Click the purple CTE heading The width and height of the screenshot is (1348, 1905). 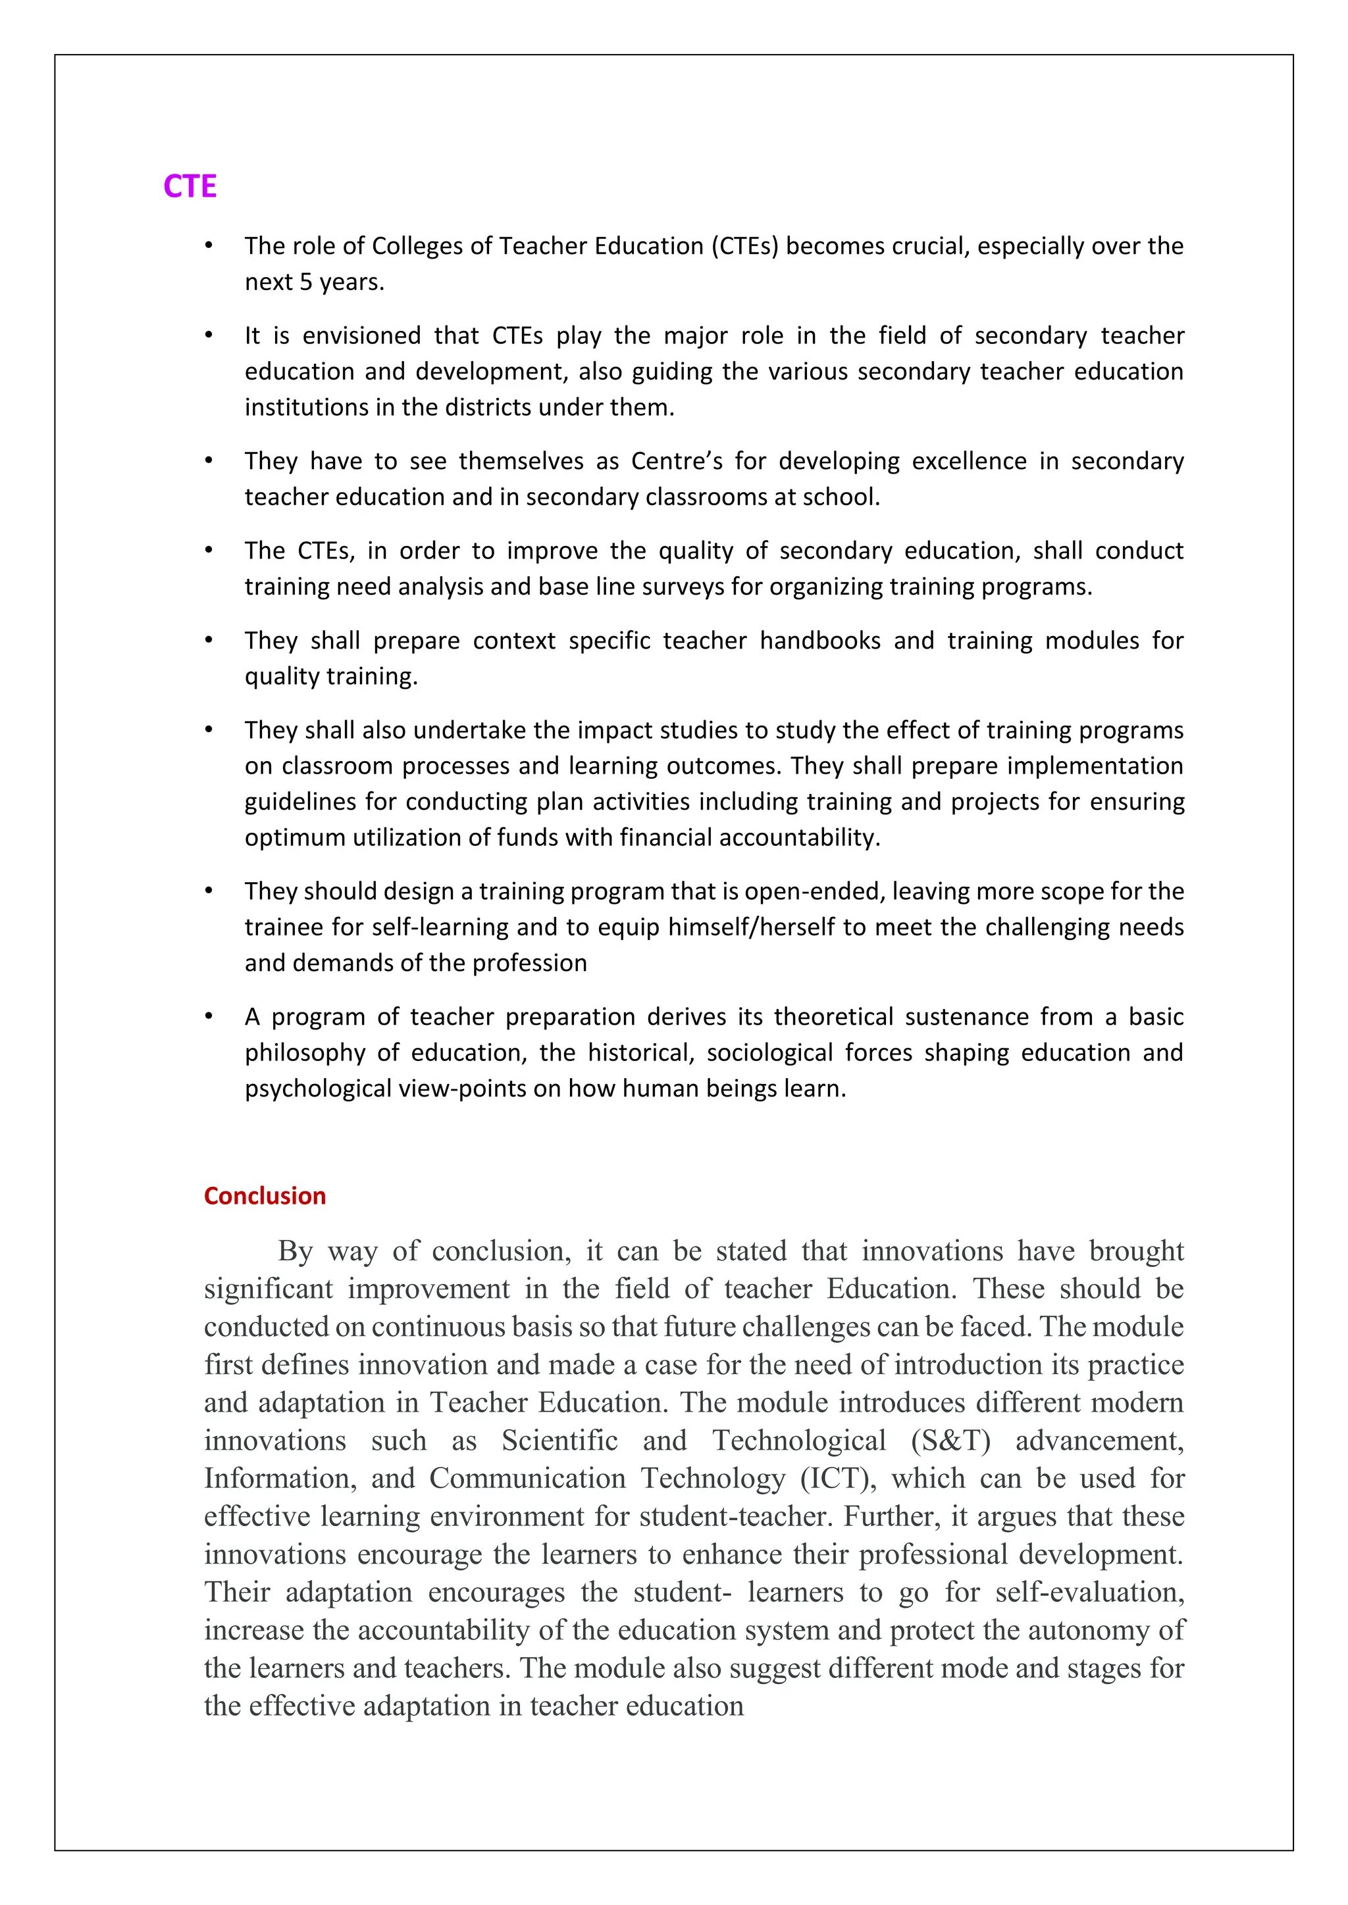click(190, 187)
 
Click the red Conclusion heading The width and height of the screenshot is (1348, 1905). click(265, 1196)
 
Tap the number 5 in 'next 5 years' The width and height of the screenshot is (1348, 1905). click(305, 282)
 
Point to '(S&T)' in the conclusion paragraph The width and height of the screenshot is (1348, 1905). click(950, 1441)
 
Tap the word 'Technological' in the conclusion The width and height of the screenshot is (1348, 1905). click(798, 1441)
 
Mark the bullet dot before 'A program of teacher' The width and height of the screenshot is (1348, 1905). click(209, 1016)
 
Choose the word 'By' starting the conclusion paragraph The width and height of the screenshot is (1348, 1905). click(295, 1251)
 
